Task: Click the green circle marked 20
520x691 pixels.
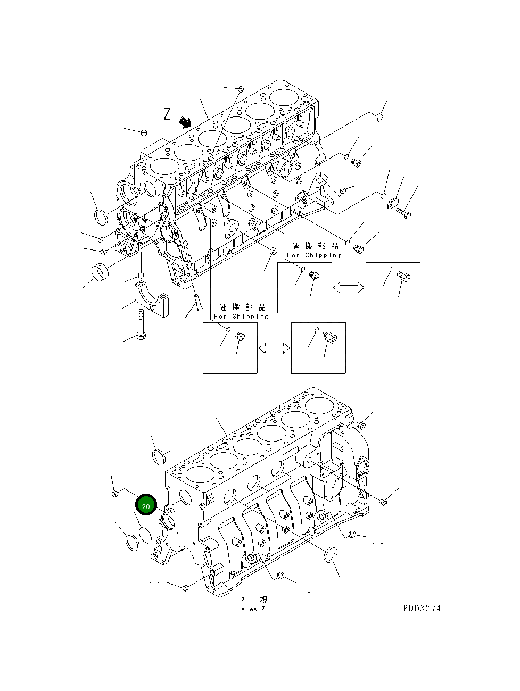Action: point(146,505)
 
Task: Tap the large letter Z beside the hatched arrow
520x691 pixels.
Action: point(167,114)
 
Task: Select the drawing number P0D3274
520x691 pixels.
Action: point(422,609)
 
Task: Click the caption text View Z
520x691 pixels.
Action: point(253,609)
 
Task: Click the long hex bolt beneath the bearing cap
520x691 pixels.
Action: point(141,324)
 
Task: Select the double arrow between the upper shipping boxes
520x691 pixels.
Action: point(349,287)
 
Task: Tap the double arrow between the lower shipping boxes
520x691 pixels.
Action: point(274,348)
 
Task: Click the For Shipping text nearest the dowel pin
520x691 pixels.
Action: point(241,316)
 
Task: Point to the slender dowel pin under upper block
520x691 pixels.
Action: point(199,304)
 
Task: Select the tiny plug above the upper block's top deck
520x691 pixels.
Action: point(241,88)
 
